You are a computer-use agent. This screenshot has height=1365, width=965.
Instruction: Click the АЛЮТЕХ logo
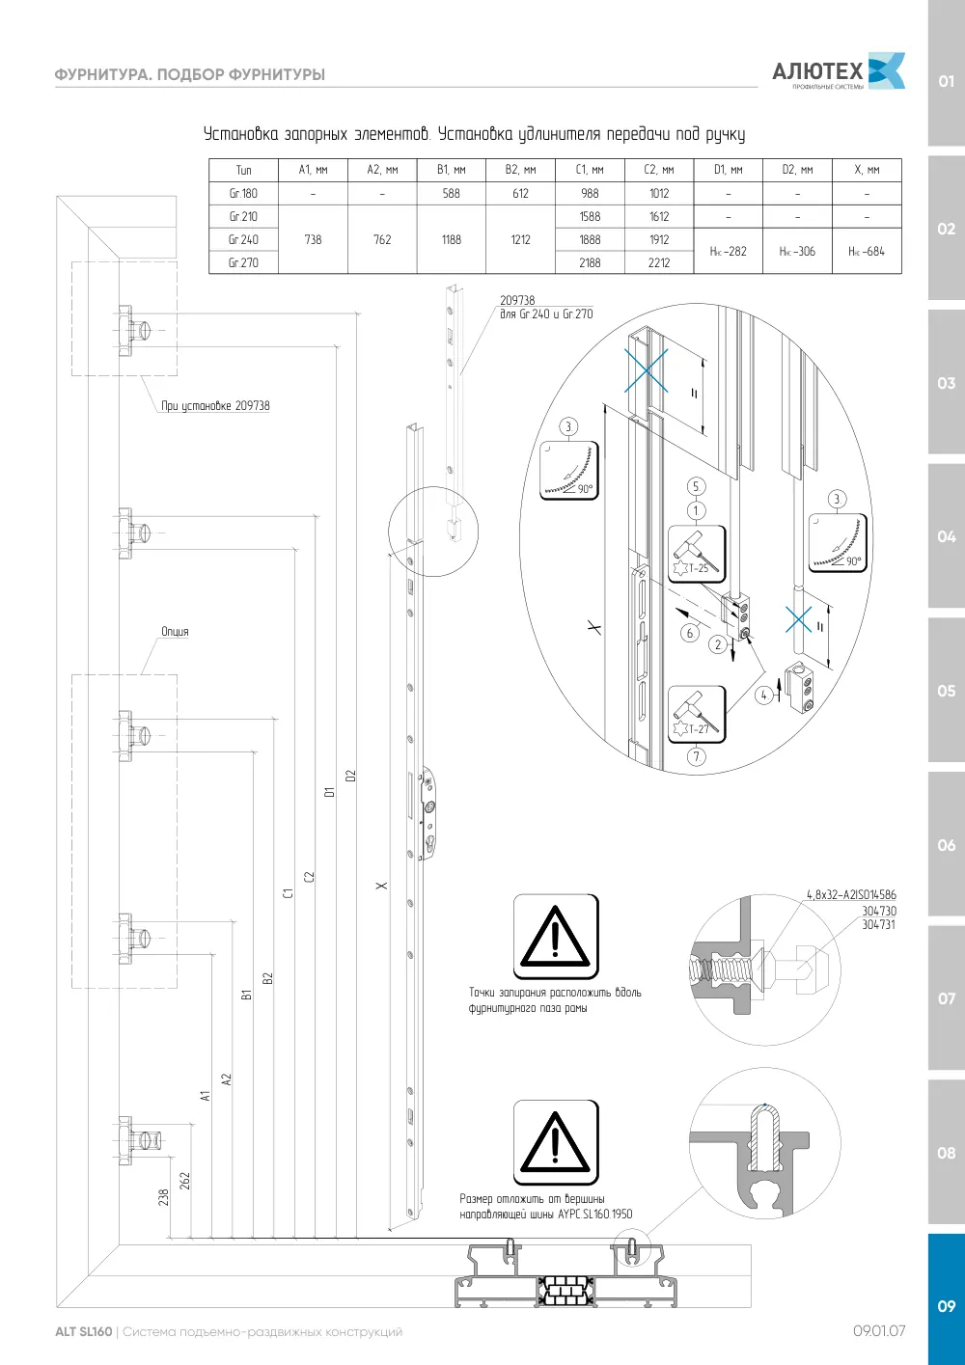(839, 71)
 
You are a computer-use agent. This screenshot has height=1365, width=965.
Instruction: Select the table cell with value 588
(451, 193)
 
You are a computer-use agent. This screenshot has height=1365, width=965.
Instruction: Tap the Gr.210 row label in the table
(243, 216)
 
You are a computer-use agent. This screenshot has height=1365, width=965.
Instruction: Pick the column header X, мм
(867, 170)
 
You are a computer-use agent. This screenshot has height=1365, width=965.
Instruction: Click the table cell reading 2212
(659, 262)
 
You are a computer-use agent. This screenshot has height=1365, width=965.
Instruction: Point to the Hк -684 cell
(867, 251)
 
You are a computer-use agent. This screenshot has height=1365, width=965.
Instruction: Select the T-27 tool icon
(697, 714)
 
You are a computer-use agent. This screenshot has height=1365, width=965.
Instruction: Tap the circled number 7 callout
(697, 757)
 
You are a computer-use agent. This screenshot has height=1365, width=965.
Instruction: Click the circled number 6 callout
(689, 633)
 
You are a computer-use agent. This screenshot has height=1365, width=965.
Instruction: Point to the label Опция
(175, 631)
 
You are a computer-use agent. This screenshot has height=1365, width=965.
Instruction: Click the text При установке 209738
(215, 406)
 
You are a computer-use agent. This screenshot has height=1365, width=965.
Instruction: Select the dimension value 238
(163, 1197)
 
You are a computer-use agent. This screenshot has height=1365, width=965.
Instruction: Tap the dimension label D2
(350, 776)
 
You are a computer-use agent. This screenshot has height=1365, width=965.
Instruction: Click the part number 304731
(878, 924)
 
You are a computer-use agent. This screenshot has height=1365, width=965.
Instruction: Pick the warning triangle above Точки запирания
(555, 937)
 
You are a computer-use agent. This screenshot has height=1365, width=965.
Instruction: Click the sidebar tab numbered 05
(946, 691)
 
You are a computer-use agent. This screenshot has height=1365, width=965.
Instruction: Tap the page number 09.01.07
(879, 1331)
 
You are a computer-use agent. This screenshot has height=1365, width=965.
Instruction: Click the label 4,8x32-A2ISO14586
(852, 895)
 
